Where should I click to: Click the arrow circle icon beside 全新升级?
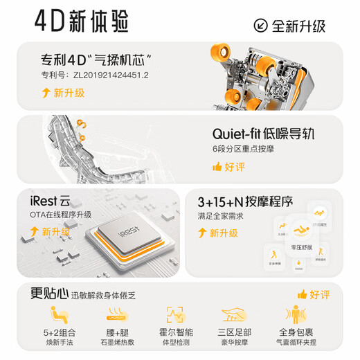tap(262, 26)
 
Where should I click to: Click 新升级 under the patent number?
tap(70, 92)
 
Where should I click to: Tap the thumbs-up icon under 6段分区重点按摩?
tap(218, 167)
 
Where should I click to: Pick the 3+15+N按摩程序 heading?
tap(246, 203)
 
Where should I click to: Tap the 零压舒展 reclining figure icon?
tap(300, 228)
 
